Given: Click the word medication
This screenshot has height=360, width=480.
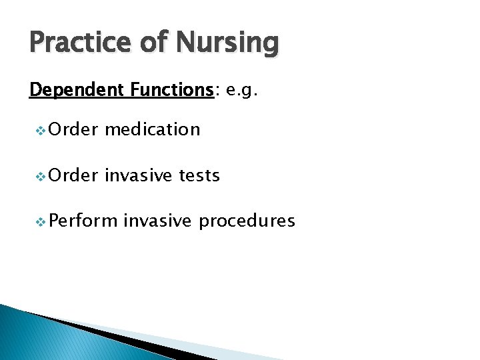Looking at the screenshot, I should pyautogui.click(x=152, y=129).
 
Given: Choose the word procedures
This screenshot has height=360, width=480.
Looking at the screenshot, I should pyautogui.click(x=247, y=221).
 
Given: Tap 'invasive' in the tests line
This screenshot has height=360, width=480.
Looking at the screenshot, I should pyautogui.click(x=139, y=175).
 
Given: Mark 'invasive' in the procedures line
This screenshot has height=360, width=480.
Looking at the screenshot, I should pyautogui.click(x=160, y=221).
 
